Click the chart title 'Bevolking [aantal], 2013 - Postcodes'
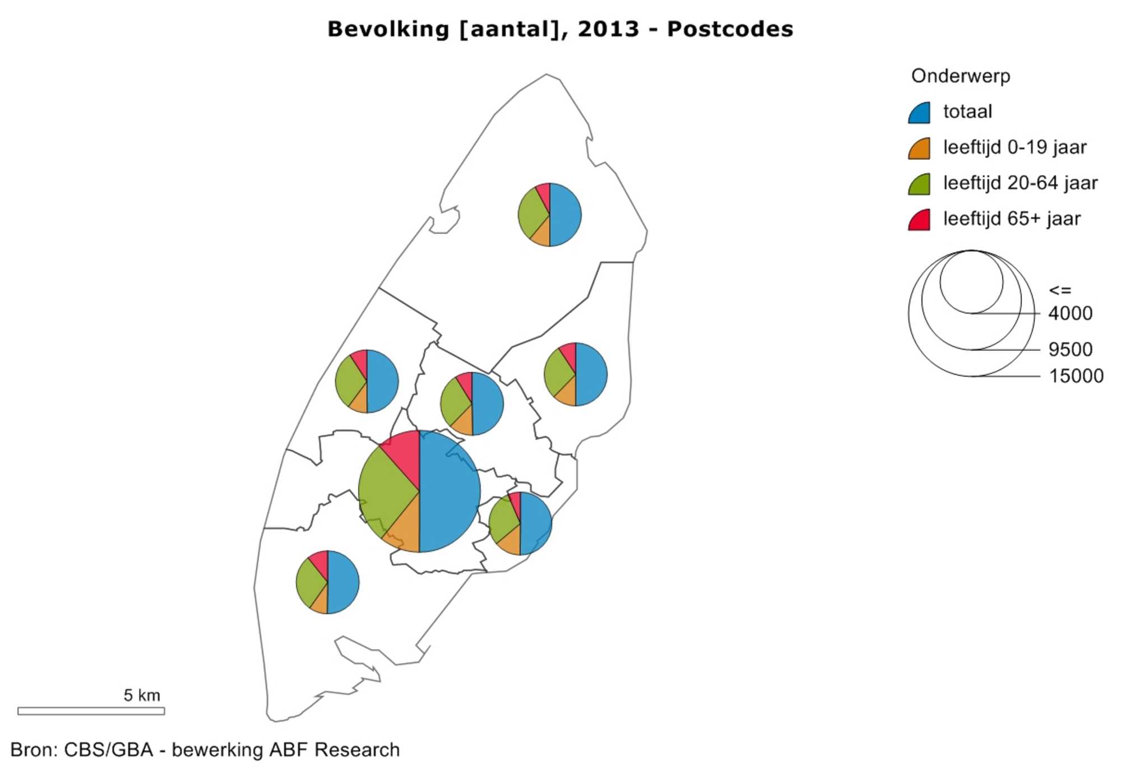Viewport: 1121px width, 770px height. click(x=560, y=29)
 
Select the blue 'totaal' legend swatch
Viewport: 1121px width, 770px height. click(x=920, y=113)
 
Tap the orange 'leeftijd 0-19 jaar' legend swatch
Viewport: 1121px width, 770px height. click(x=920, y=149)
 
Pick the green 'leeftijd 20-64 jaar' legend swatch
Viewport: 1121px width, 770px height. click(x=920, y=185)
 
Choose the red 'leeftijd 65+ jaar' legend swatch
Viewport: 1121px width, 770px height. click(x=920, y=220)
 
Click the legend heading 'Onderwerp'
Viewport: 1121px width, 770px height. click(x=960, y=76)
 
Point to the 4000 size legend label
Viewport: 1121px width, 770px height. click(x=1070, y=313)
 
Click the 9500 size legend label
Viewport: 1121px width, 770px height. click(x=1070, y=349)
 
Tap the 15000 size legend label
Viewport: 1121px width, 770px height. click(x=1076, y=375)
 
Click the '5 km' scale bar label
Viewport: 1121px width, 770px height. click(x=142, y=695)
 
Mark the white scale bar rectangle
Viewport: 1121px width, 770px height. click(x=91, y=711)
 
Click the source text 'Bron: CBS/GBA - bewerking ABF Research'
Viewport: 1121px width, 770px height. click(x=205, y=750)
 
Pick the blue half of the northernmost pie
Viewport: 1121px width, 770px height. click(x=565, y=215)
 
